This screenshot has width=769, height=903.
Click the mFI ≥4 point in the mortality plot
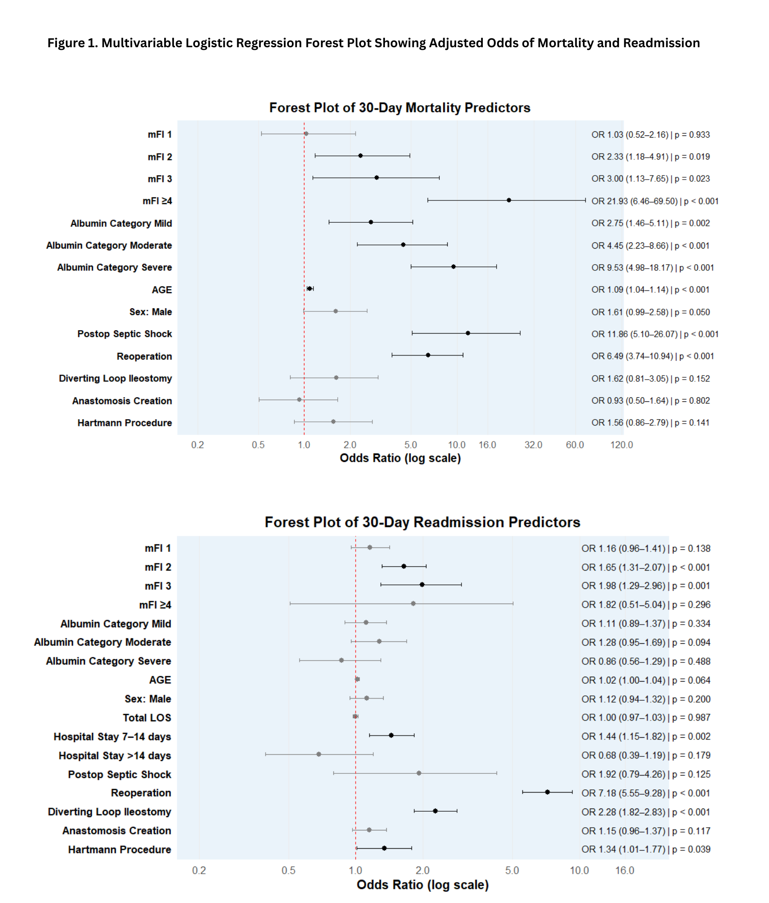(x=509, y=200)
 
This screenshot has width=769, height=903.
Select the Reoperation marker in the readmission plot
(x=547, y=792)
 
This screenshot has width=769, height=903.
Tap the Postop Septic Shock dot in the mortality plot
(x=468, y=333)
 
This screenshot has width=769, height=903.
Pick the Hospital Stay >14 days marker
(x=319, y=754)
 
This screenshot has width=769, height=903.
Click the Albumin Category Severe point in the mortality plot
(x=453, y=267)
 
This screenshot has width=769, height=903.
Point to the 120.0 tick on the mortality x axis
(x=621, y=445)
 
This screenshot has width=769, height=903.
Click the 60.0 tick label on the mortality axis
(x=575, y=445)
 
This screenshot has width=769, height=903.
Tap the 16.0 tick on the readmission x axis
(x=625, y=870)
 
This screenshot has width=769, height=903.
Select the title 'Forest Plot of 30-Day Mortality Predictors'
(x=400, y=108)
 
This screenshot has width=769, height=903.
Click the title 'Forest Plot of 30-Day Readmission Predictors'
(x=422, y=522)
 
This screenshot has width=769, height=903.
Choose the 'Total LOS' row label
(x=147, y=718)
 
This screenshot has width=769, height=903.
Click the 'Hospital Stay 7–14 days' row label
(x=112, y=737)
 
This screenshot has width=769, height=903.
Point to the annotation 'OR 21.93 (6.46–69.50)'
(x=634, y=201)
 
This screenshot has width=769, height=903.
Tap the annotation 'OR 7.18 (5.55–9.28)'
(x=623, y=793)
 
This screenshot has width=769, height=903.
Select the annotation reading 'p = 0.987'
(x=691, y=718)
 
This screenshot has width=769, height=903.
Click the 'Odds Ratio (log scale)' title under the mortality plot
(x=400, y=458)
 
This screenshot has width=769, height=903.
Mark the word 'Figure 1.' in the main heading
(x=73, y=43)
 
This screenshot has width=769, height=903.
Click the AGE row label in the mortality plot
(x=162, y=290)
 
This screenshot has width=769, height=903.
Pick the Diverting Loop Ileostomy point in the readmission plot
(x=435, y=811)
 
